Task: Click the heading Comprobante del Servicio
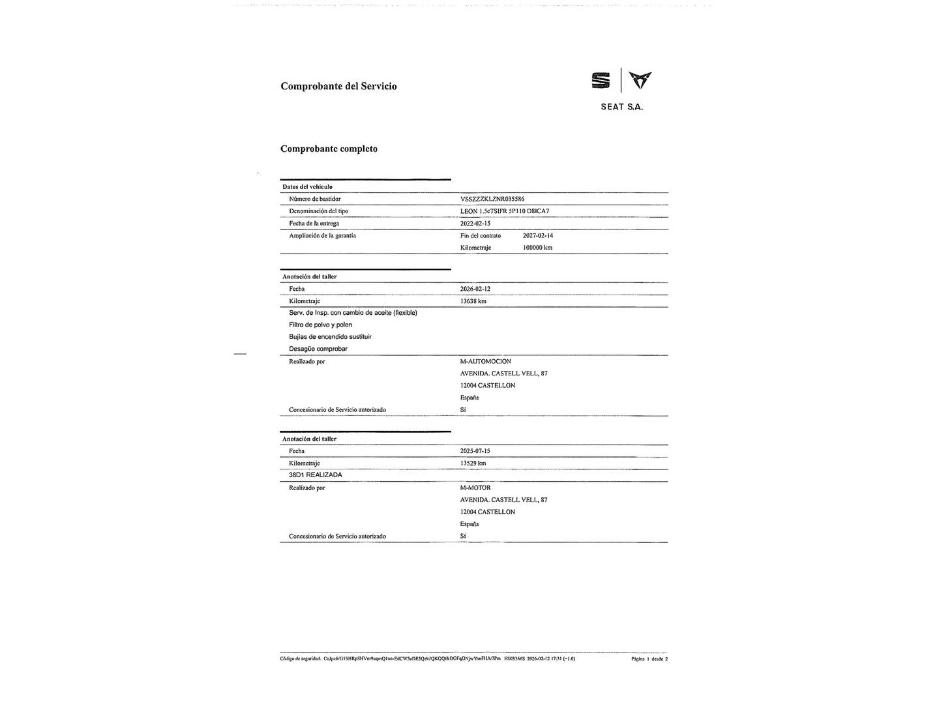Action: (338, 86)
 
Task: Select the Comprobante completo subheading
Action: (329, 149)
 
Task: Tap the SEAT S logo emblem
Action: (601, 81)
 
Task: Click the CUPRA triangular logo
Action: (640, 80)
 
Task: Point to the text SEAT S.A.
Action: (621, 107)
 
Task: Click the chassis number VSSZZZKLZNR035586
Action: (492, 199)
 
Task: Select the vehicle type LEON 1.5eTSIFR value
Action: (505, 211)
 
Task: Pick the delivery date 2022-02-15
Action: (475, 224)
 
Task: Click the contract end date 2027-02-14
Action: (538, 235)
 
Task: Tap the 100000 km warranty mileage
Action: (537, 248)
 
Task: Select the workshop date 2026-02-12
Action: (475, 289)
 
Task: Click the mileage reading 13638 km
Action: (473, 301)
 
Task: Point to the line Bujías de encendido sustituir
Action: (330, 337)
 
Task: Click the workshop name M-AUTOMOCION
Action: (486, 361)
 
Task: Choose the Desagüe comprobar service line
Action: (318, 349)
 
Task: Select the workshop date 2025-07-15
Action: (475, 451)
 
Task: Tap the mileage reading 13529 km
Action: (473, 463)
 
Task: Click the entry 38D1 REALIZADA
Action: (316, 475)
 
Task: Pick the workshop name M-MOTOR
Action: (475, 488)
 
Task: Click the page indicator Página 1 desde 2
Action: (649, 659)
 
